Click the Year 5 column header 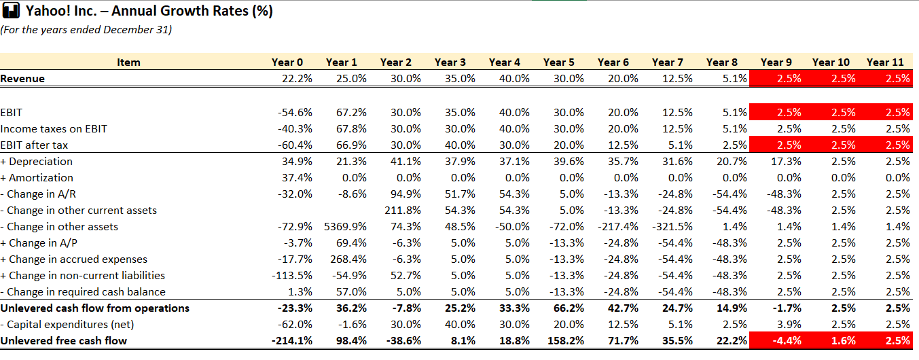[x=558, y=62]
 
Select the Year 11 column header [x=885, y=62]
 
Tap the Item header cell [x=128, y=62]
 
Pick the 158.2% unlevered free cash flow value [x=563, y=340]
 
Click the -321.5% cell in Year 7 [x=672, y=226]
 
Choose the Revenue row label [x=22, y=78]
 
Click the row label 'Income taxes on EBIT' [x=54, y=128]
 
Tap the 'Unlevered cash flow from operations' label [x=94, y=308]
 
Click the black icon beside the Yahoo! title [x=12, y=12]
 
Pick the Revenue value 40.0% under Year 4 [x=513, y=78]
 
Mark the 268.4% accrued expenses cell [x=350, y=259]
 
